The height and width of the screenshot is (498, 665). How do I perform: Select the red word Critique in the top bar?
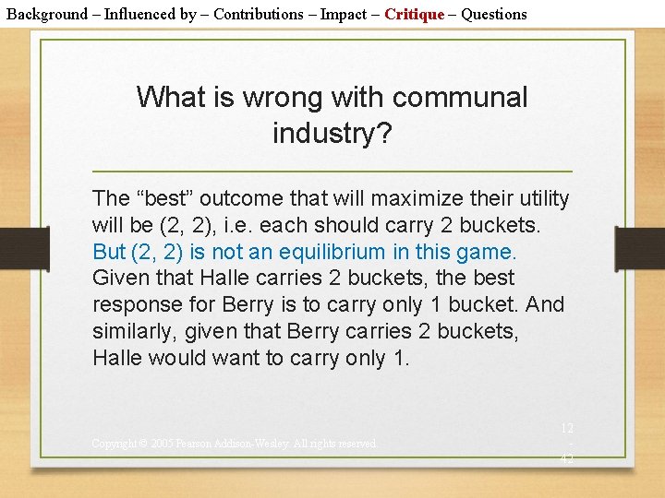[414, 14]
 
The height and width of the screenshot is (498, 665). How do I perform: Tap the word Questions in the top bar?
[494, 14]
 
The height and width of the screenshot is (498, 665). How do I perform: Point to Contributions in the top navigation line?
[259, 14]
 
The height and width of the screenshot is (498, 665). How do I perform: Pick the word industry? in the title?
[332, 133]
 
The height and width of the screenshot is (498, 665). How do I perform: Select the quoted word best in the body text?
[164, 198]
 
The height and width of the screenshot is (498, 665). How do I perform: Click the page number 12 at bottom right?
[566, 429]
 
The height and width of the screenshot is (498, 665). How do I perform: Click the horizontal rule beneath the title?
[332, 172]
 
